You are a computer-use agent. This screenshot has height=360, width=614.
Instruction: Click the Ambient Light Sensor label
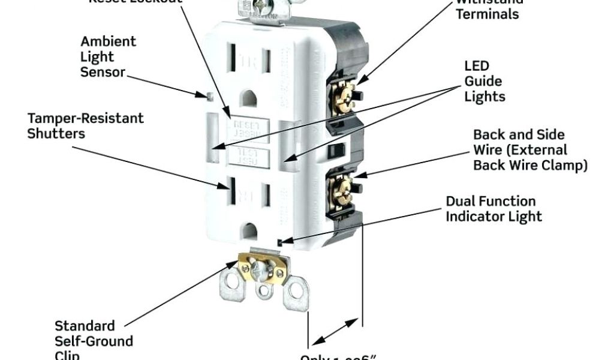[x=108, y=57]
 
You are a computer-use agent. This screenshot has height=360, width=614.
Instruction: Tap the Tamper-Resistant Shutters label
[x=85, y=125]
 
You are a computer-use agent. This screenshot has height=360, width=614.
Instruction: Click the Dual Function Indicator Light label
[x=493, y=209]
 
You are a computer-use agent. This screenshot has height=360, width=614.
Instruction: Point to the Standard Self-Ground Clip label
[x=94, y=341]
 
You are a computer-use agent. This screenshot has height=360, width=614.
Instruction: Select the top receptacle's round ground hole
[x=248, y=97]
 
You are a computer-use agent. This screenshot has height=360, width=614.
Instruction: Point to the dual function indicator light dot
[x=281, y=242]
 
